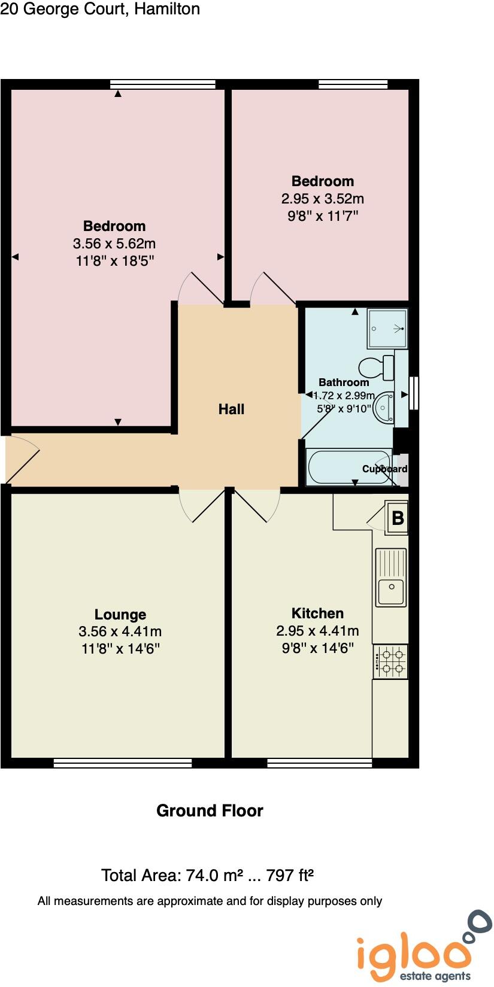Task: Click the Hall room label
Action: pos(231,409)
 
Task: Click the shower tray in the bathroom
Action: pos(387,328)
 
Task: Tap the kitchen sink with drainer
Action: pos(391,578)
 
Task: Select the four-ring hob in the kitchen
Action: pos(390,661)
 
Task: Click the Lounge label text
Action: pos(120,615)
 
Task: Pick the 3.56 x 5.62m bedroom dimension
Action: pos(114,244)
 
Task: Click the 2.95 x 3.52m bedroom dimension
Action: pos(323,199)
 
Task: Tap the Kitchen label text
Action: pos(317,614)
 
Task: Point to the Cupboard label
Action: pos(385,469)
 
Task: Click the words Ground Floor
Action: pos(210,811)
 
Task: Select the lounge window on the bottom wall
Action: pos(123,763)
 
